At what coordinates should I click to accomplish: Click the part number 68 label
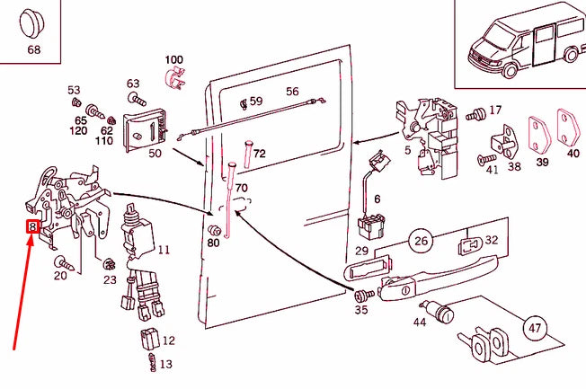click(x=33, y=50)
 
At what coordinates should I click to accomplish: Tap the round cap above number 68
click(x=33, y=22)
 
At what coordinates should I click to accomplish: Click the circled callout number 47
click(x=536, y=328)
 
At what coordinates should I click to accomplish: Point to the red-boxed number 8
click(x=32, y=226)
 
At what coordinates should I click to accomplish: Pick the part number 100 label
click(x=173, y=59)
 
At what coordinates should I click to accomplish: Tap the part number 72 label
click(x=260, y=154)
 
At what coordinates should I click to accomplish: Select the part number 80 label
click(x=213, y=243)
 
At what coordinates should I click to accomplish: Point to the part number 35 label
click(x=360, y=310)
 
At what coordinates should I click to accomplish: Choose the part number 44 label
click(x=420, y=322)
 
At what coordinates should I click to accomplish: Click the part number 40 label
click(x=573, y=154)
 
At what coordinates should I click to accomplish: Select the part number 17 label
click(x=494, y=111)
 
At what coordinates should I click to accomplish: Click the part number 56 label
click(x=292, y=92)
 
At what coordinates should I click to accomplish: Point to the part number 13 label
click(x=166, y=364)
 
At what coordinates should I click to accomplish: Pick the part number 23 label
click(x=110, y=280)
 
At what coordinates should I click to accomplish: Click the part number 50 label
click(x=155, y=154)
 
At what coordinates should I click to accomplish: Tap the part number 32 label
click(x=491, y=241)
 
